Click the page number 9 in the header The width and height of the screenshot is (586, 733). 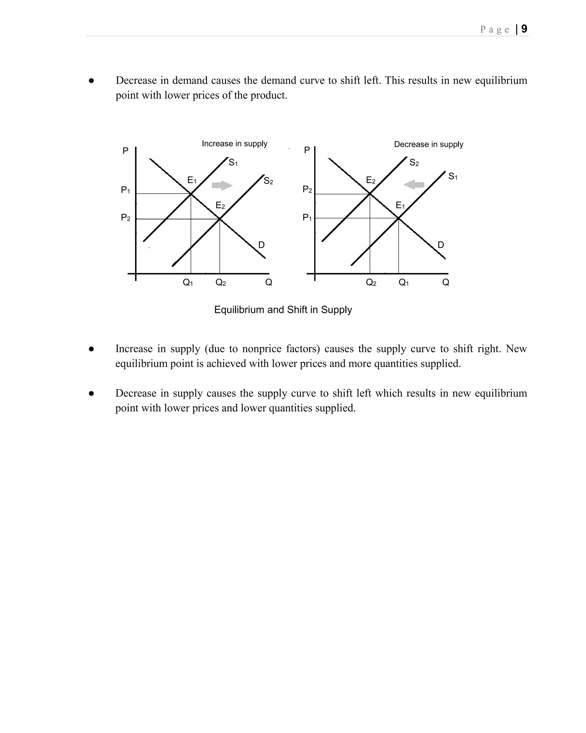point(524,29)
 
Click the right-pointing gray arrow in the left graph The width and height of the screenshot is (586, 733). point(222,185)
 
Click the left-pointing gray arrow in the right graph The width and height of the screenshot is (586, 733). point(414,185)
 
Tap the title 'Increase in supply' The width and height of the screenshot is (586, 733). point(234,143)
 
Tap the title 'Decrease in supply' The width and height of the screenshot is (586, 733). point(428,144)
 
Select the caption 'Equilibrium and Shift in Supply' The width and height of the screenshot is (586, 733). point(283,310)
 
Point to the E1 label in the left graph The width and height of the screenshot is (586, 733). point(192,180)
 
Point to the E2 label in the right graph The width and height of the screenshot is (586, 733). point(370,180)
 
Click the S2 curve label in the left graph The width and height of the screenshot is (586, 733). point(268,181)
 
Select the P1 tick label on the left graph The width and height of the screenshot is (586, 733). point(125,190)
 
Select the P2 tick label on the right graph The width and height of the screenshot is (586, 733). point(307,189)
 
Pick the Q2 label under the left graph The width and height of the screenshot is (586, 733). point(221,283)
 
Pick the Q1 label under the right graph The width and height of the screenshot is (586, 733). point(403,283)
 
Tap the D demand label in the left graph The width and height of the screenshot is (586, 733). point(261,245)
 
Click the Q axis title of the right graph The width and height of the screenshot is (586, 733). point(446,283)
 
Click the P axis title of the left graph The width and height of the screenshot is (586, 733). point(125,151)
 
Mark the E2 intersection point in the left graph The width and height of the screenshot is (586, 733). point(220,219)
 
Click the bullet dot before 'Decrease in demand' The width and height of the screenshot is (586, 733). point(91,81)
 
